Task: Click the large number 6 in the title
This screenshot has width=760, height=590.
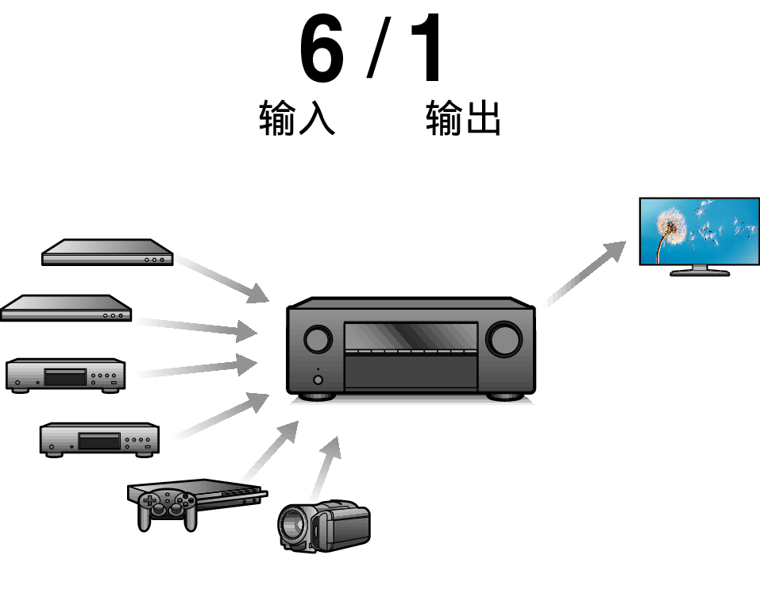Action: tap(322, 48)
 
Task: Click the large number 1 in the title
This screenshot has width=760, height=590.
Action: tap(427, 48)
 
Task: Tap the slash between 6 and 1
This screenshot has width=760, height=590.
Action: tap(379, 48)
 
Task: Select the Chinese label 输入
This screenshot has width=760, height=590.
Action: tap(297, 118)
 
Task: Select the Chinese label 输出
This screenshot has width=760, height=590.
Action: tap(463, 118)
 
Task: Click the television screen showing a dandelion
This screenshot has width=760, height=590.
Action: tap(700, 231)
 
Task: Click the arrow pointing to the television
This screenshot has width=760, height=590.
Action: tap(584, 275)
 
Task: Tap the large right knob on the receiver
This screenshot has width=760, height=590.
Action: tap(504, 339)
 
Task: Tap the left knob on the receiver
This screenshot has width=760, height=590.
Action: tap(318, 339)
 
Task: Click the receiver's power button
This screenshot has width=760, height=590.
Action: tap(318, 380)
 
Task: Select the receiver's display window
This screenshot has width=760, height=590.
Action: tap(411, 337)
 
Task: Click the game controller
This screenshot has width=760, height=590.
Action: tap(168, 510)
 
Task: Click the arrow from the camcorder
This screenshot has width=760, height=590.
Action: tap(326, 469)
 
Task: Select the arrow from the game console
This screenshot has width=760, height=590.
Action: tap(269, 450)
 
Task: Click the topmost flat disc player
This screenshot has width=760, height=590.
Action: tap(107, 252)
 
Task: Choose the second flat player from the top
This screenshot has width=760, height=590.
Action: tap(66, 308)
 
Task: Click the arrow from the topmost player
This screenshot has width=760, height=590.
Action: tap(222, 280)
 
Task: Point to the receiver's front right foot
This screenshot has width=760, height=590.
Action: tap(505, 396)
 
